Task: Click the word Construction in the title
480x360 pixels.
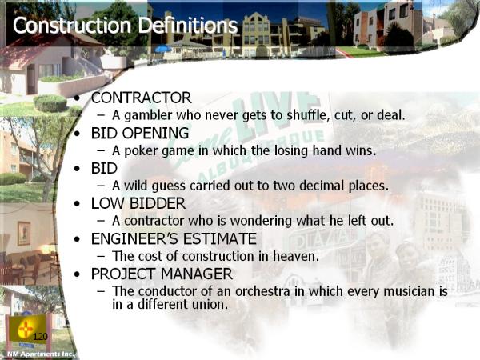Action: click(x=72, y=25)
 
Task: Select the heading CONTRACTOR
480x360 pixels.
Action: click(x=141, y=98)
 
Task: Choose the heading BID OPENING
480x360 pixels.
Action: click(x=140, y=133)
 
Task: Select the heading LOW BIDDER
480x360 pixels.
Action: click(x=138, y=203)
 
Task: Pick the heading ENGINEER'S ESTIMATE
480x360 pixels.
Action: click(x=174, y=238)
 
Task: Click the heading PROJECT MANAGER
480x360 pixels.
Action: click(x=162, y=274)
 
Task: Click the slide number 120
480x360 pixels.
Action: click(x=40, y=337)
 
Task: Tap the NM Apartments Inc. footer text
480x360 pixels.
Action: click(x=41, y=354)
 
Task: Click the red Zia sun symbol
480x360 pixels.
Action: click(x=25, y=329)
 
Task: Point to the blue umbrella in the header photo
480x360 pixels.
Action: click(x=163, y=49)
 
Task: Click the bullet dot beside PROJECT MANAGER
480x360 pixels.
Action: click(x=77, y=274)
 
